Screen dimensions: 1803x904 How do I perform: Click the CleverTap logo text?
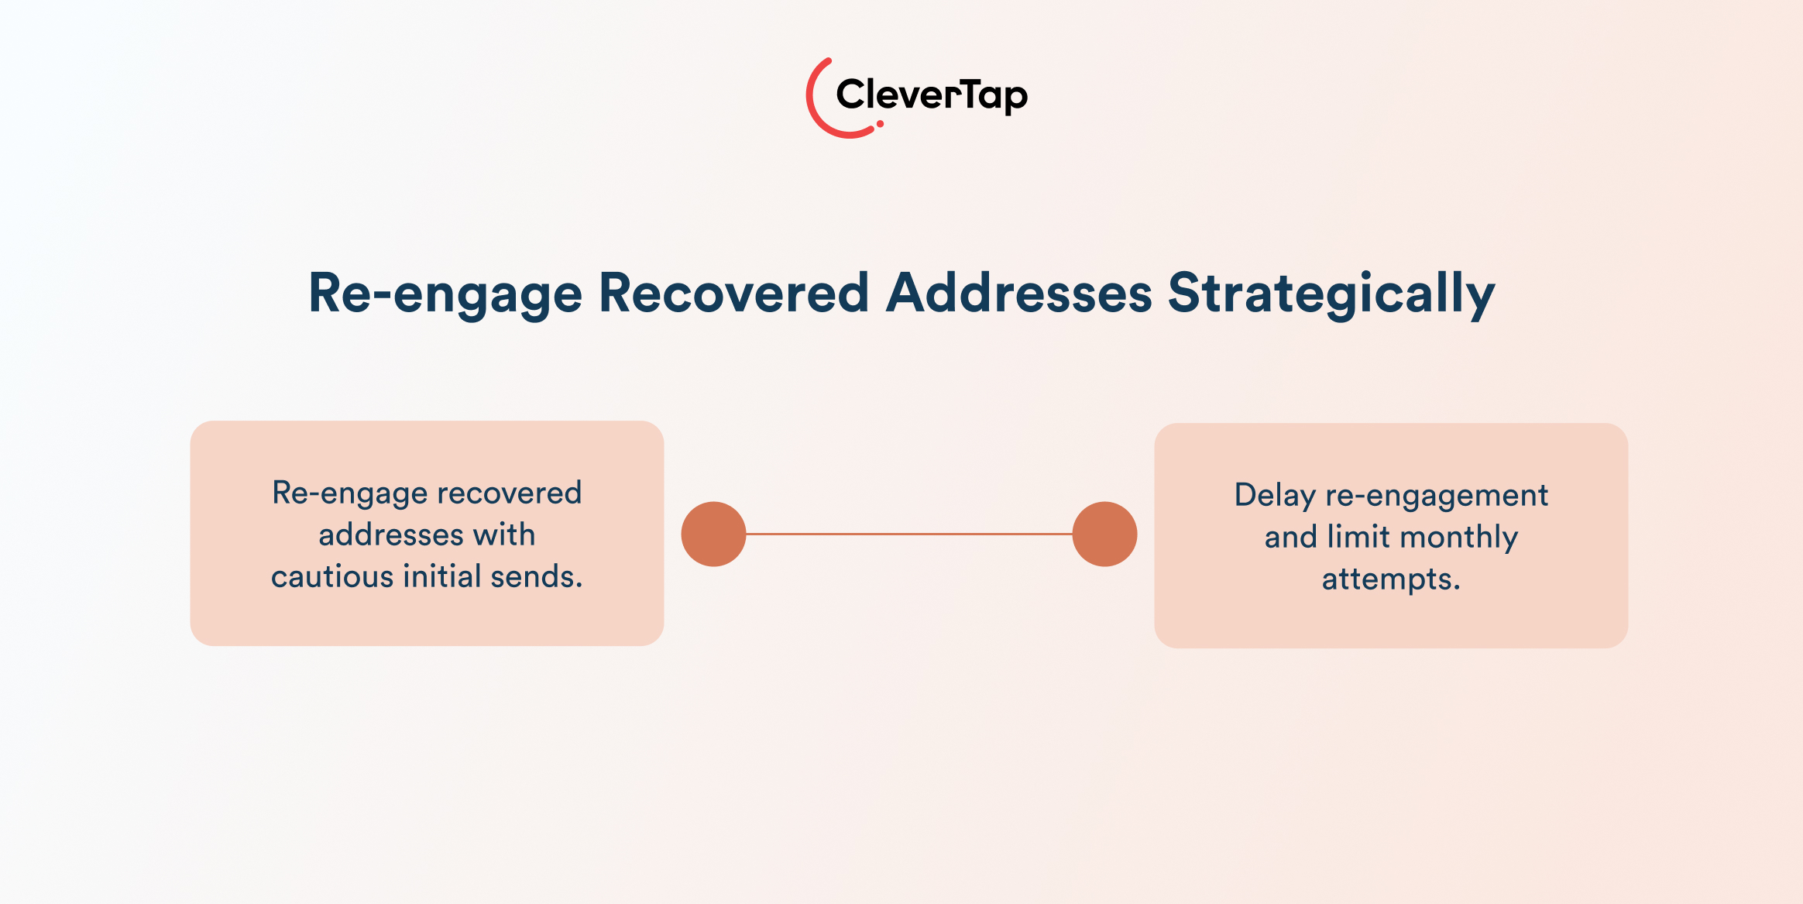pos(932,96)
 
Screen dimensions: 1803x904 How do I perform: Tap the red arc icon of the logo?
pos(811,97)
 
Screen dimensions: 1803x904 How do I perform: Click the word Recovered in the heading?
pos(733,293)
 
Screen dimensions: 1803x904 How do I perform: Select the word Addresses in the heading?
pos(1019,293)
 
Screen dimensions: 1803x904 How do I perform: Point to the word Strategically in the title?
pos(1331,294)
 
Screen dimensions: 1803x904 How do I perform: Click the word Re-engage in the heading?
pos(445,294)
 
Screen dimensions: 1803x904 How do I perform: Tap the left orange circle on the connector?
pos(713,534)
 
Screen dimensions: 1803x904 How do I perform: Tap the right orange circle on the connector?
pos(1104,534)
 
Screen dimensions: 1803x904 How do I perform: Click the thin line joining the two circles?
pos(909,534)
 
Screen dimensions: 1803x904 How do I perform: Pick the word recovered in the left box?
pos(509,493)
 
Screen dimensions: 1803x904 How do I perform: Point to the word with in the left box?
pos(504,534)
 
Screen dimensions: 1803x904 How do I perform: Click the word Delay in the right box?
pos(1275,496)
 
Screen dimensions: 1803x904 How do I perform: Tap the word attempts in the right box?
pos(1391,579)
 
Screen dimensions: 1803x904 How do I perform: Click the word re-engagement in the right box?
pos(1437,496)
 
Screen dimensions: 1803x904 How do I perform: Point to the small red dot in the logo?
pos(880,124)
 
